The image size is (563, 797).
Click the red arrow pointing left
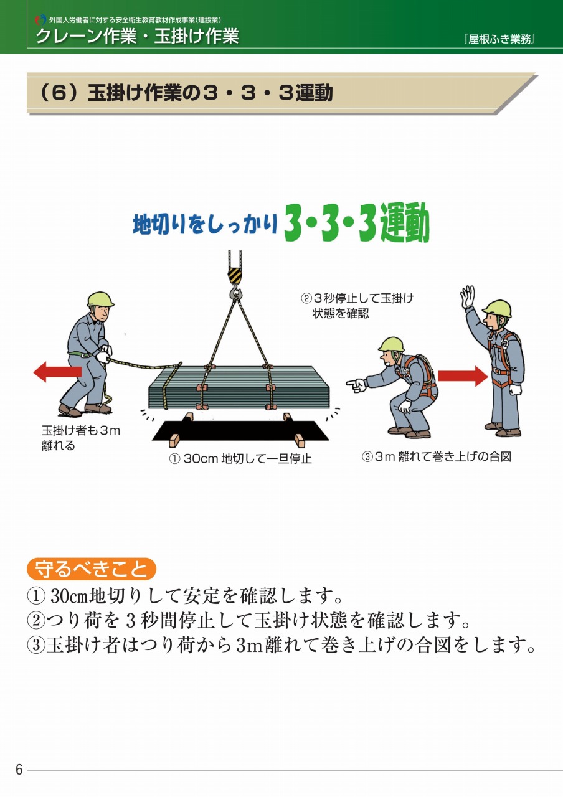coord(57,372)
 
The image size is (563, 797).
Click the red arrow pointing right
coord(463,376)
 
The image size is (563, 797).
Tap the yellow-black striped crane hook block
coord(235,275)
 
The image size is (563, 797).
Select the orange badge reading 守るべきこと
coord(92,569)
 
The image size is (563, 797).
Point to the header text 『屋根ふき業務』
coord(499,39)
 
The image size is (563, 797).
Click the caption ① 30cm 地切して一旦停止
coord(240,459)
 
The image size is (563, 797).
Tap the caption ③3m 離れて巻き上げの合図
coord(437,456)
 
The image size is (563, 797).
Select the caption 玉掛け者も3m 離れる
coord(81,438)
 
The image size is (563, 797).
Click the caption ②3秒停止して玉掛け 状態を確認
coord(357,306)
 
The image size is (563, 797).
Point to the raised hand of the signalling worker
coord(468,296)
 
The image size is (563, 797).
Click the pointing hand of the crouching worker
coord(356,385)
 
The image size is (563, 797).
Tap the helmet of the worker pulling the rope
coord(100,299)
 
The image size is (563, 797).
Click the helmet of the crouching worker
coord(391,344)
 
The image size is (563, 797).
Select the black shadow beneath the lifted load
coord(240,430)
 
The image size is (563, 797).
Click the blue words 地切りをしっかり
coord(205,225)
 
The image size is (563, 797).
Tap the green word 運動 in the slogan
coord(405,223)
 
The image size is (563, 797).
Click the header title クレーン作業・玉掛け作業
coord(138,36)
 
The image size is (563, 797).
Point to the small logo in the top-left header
coord(40,19)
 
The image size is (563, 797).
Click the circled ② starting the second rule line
coord(36,620)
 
